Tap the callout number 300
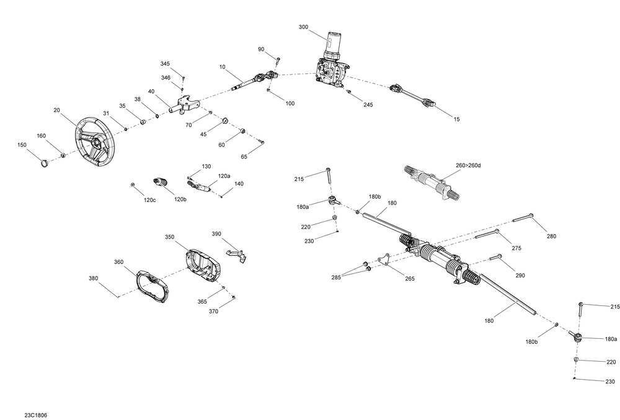point(303,27)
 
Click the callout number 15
point(457,118)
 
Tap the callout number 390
point(216,234)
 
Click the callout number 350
point(170,237)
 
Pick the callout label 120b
point(180,199)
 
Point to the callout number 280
point(551,236)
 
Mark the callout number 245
point(368,105)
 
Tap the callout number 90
point(261,49)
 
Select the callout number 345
point(165,64)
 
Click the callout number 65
point(244,157)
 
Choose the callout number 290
point(520,275)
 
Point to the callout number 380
point(94,279)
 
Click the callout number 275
point(517,249)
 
